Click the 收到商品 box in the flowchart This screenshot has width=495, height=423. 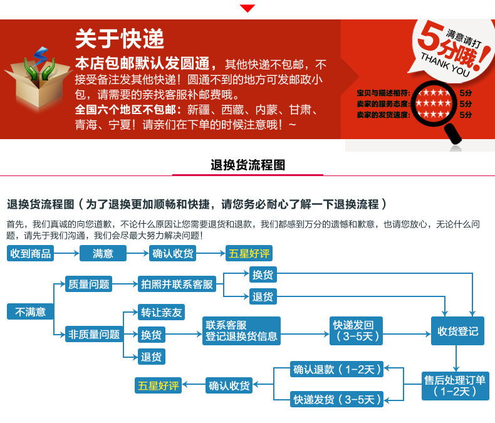coord(30,253)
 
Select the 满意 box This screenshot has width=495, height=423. coord(103,253)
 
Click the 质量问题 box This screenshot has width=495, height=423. coord(88,284)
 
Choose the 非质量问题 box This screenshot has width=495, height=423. coord(93,334)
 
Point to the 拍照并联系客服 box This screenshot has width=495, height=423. coord(177,284)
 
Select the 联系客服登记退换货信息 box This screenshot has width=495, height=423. coord(241,330)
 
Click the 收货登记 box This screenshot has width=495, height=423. coord(457,330)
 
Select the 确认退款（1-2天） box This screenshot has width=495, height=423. coord(337,370)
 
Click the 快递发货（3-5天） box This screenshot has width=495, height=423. coord(337,399)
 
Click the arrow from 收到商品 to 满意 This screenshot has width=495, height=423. coord(66,253)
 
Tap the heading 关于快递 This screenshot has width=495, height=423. coord(120,39)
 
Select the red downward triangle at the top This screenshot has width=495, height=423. coord(248,8)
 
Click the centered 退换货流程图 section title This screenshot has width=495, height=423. coord(248,165)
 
